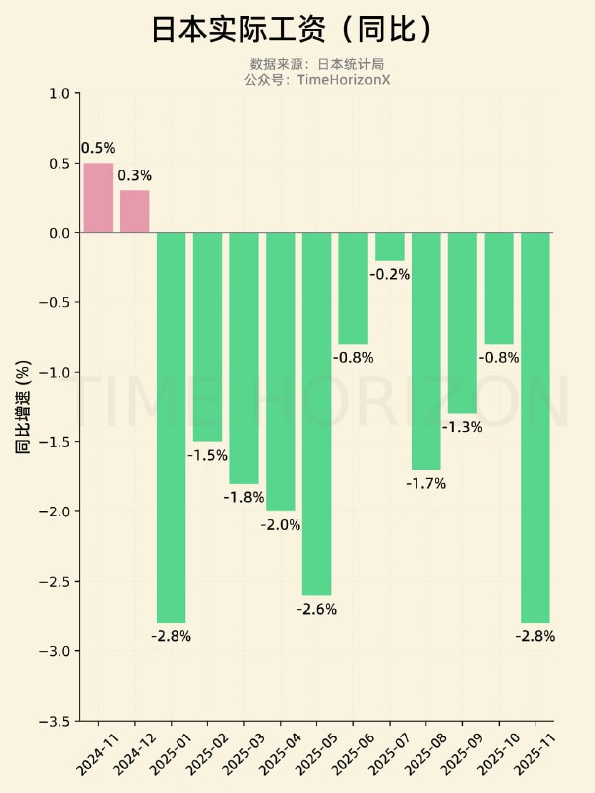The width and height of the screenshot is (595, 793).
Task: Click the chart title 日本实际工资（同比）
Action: pos(294,30)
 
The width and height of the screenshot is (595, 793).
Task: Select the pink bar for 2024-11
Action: pos(98,197)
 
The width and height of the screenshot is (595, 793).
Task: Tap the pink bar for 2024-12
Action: pos(135,211)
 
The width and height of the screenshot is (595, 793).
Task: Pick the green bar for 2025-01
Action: pos(171,426)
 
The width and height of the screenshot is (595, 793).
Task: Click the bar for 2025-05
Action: pos(316,413)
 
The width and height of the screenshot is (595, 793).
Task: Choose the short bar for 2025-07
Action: pos(390,246)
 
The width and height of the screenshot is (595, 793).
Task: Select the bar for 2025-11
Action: pos(535,426)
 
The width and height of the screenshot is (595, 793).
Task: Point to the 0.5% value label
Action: pos(98,148)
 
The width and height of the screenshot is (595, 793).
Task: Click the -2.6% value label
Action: pos(316,609)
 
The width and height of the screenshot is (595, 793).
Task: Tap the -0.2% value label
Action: pos(390,274)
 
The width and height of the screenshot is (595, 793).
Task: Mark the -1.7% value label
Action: pos(426,484)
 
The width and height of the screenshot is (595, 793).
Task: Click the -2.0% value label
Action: pos(281,525)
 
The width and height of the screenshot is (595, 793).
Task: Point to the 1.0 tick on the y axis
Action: pos(59,94)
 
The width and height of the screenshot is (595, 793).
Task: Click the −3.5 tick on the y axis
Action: pos(56,721)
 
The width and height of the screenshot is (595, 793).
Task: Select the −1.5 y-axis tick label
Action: pos(56,442)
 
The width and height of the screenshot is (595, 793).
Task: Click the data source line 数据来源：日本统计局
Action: pos(316,64)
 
